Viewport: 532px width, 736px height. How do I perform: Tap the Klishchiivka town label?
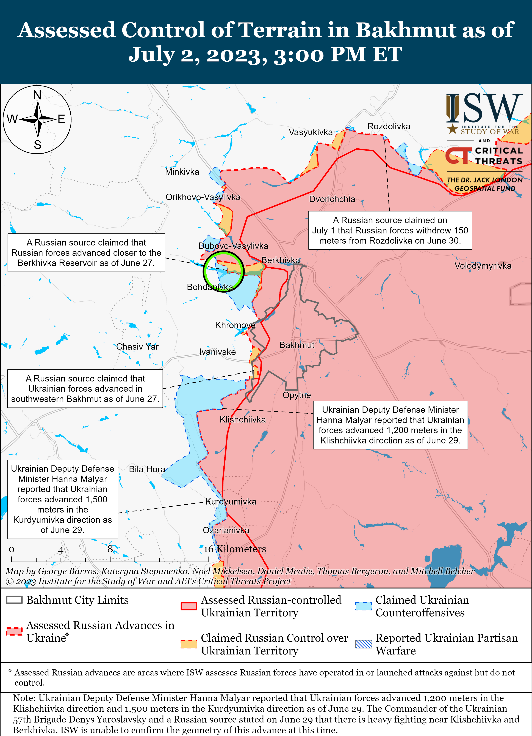click(x=242, y=419)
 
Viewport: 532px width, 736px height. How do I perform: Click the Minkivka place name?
click(x=182, y=172)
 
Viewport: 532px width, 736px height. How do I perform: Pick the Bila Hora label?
click(x=147, y=469)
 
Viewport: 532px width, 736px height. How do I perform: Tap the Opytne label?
click(x=297, y=395)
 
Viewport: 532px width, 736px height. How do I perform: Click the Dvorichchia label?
click(x=332, y=199)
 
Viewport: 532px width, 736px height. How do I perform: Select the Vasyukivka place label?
click(x=311, y=132)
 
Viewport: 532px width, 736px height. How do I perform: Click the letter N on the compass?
click(x=37, y=95)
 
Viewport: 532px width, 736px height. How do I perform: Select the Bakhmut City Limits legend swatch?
click(x=14, y=600)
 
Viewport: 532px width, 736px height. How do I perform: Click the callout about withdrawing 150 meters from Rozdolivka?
click(x=390, y=230)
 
